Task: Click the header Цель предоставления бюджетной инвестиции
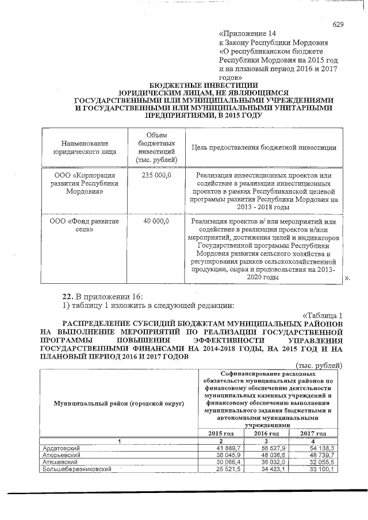264,147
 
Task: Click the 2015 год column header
220,433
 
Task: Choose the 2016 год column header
266,433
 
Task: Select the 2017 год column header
313,433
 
